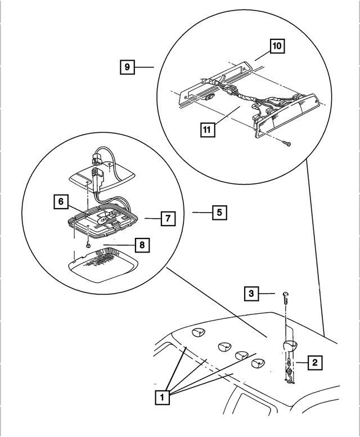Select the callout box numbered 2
tap(315, 363)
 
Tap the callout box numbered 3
tap(253, 294)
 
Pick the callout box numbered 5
tap(220, 213)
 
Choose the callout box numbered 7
tap(167, 218)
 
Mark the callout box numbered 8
tap(143, 245)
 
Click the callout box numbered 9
tap(128, 67)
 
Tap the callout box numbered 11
tap(208, 130)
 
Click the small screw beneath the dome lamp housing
tap(88, 245)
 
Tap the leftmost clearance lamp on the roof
tap(197, 334)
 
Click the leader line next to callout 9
tap(146, 67)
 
